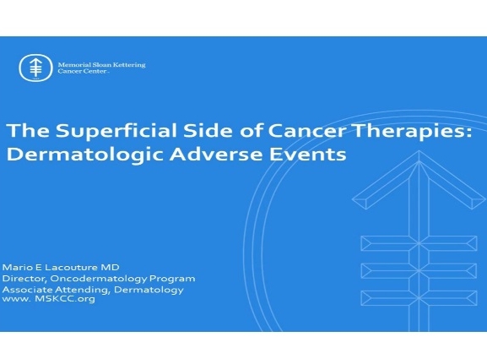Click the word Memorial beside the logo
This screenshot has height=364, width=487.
73,62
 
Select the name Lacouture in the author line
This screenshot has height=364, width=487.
62,268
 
